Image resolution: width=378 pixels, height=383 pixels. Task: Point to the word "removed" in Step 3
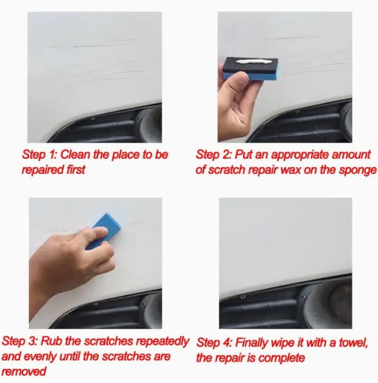(24, 371)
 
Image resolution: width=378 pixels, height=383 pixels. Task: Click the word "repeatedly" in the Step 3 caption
(162, 342)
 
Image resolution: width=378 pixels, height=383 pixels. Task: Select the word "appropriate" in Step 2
(296, 156)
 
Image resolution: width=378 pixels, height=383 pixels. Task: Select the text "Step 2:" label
(213, 155)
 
